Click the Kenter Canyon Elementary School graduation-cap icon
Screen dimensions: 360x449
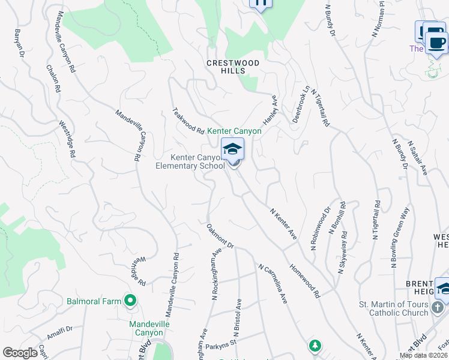tap(232, 149)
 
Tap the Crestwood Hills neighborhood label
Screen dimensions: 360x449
tap(233, 67)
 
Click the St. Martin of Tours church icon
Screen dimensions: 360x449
tap(438, 308)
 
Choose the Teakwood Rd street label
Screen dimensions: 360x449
tap(188, 120)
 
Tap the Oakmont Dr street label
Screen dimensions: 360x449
tap(220, 236)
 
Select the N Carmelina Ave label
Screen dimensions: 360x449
tap(273, 283)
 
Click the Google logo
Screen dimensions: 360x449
tap(20, 353)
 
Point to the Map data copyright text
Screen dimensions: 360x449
tap(423, 355)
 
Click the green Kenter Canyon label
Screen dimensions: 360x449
tap(235, 131)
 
